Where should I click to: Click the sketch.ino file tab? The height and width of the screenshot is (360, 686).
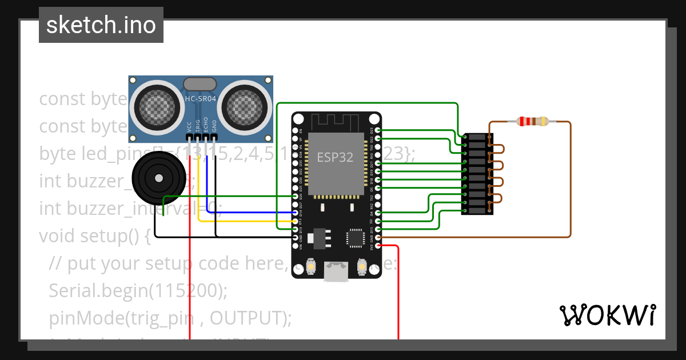point(101,25)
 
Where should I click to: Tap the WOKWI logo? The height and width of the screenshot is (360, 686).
point(607,315)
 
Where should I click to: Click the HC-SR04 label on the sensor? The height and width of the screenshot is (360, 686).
point(200,99)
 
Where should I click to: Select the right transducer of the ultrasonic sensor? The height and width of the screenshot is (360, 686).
point(245,105)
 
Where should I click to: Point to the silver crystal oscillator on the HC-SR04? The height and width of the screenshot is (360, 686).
point(200,84)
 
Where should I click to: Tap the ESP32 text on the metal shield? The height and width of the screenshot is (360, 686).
point(335,157)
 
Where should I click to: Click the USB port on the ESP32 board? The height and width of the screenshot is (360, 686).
point(336,272)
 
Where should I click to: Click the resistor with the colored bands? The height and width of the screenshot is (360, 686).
point(532,121)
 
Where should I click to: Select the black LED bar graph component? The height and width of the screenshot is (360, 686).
point(477,174)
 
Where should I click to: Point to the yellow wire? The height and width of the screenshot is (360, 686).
point(246,221)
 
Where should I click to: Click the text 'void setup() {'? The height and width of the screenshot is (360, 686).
point(94,235)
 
